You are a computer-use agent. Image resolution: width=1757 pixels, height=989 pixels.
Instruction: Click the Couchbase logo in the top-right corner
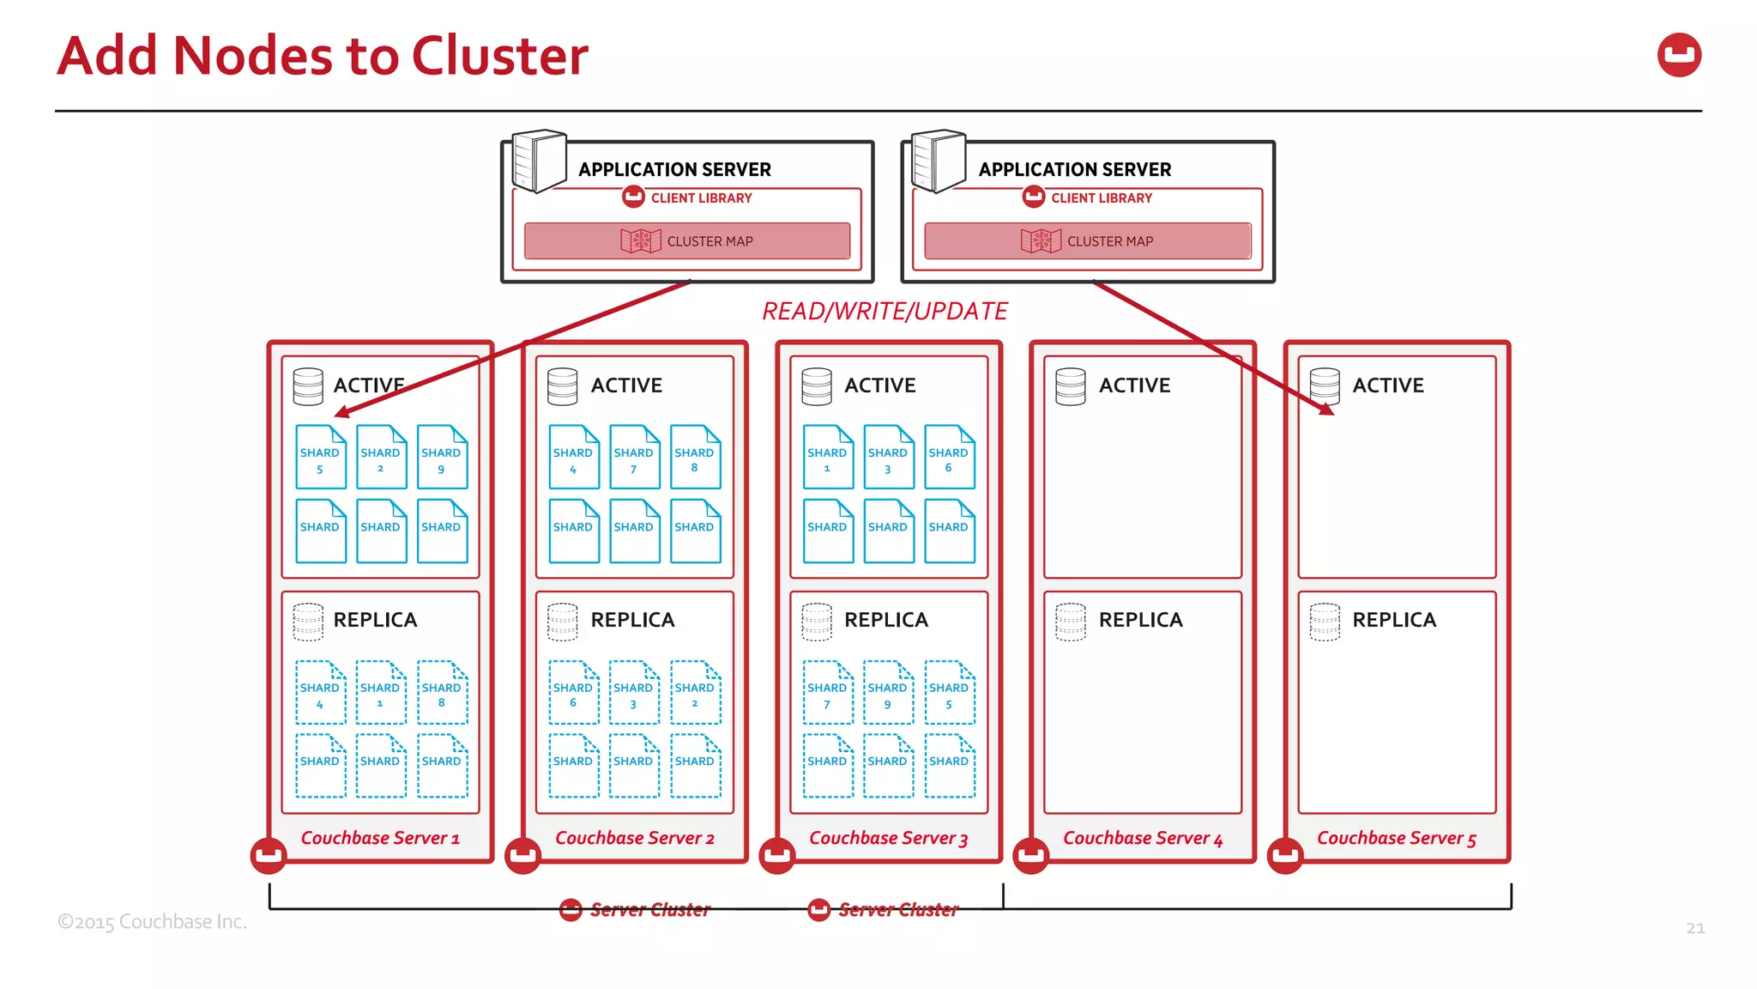click(x=1679, y=55)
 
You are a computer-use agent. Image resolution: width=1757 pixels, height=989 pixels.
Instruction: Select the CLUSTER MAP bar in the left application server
click(x=687, y=241)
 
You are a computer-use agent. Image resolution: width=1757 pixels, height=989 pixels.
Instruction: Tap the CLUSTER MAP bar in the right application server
click(x=1087, y=241)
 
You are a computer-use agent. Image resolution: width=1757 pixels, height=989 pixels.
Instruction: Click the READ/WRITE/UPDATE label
click(x=885, y=311)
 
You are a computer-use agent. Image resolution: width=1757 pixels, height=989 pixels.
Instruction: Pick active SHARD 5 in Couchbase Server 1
click(x=321, y=458)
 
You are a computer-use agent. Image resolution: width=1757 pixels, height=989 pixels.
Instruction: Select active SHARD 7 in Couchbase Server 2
click(x=634, y=458)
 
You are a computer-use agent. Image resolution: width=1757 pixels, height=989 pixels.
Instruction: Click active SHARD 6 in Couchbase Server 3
click(x=949, y=458)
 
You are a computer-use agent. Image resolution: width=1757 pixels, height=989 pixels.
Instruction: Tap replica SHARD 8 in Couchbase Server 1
click(x=442, y=693)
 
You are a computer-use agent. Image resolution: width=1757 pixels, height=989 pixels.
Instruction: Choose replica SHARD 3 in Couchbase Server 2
click(x=634, y=693)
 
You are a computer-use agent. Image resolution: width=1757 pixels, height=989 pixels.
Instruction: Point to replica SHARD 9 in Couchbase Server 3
click(x=888, y=693)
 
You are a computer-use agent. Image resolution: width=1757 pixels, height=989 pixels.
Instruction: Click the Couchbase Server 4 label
click(x=1143, y=838)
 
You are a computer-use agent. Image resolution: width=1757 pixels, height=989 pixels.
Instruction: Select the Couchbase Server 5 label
click(x=1397, y=838)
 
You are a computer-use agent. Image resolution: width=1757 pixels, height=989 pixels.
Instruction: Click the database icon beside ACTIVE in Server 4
click(x=1071, y=386)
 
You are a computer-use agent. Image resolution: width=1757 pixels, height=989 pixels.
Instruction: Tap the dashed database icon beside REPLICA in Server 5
click(x=1325, y=622)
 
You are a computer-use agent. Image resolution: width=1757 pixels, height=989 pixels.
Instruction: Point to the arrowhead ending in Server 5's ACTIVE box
click(x=1327, y=410)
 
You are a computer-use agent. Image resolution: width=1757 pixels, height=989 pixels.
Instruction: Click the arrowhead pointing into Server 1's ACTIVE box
click(x=341, y=413)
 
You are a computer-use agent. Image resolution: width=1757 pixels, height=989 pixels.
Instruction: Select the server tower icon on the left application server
click(x=539, y=161)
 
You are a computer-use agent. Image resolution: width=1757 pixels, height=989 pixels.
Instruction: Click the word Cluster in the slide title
click(x=500, y=57)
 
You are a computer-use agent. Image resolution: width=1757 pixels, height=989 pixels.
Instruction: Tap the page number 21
click(x=1695, y=928)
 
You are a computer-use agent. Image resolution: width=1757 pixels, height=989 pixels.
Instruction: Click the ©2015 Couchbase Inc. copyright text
click(x=152, y=922)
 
